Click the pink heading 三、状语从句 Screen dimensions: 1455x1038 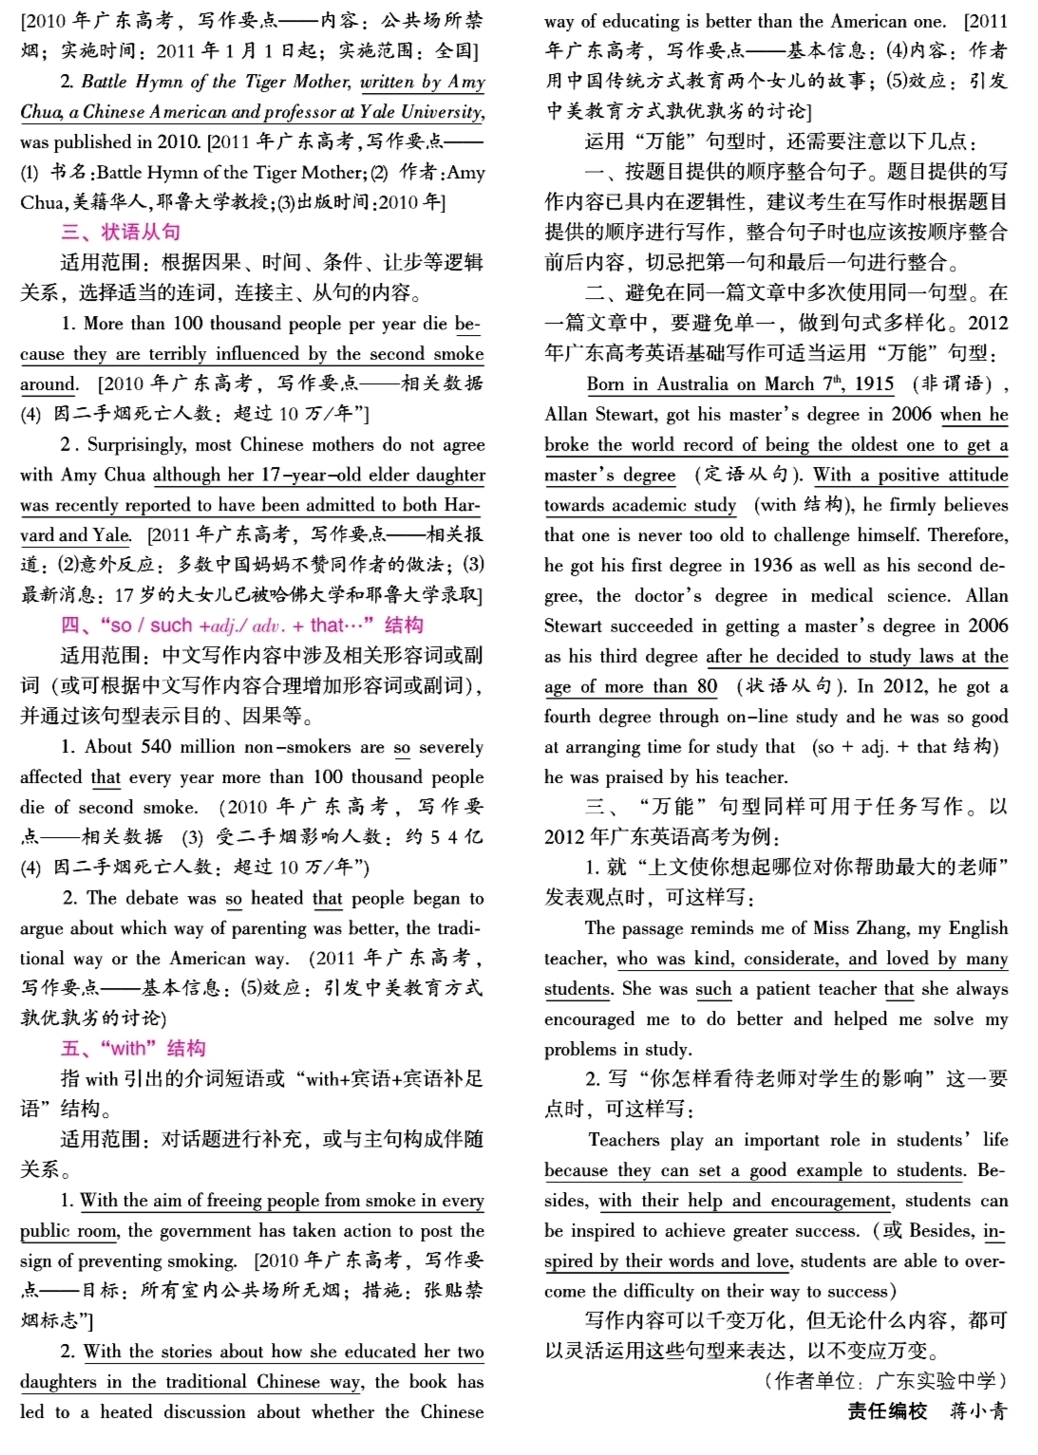coord(121,233)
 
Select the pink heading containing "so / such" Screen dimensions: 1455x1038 coord(241,625)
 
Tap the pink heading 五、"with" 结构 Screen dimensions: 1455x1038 coord(133,1048)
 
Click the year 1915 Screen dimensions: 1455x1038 coord(874,384)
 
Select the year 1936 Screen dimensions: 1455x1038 coord(772,566)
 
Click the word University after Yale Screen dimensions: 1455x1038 coord(441,112)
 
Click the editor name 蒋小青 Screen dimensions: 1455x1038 coord(977,1410)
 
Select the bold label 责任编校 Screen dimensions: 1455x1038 coord(887,1410)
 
